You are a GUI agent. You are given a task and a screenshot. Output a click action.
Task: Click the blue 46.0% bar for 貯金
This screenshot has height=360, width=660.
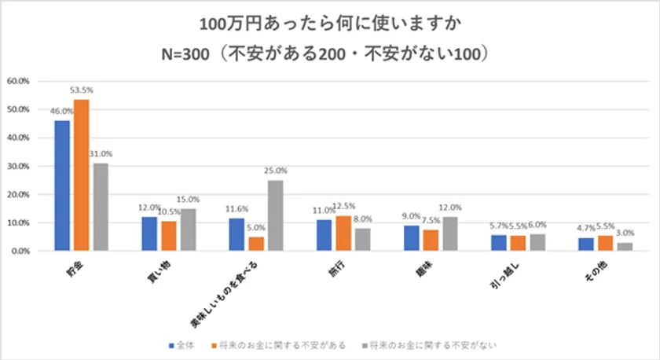pos(62,186)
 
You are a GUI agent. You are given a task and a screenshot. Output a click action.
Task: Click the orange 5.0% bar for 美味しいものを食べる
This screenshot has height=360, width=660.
pos(257,244)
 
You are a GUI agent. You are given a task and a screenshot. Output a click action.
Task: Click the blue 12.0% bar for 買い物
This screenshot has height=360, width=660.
pos(149,233)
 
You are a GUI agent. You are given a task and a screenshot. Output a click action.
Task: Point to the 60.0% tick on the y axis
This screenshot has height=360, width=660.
pos(18,81)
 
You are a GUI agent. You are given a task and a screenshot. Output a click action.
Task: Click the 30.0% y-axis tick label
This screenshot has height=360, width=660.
pos(18,166)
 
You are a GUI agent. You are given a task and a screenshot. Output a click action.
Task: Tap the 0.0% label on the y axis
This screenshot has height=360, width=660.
pos(20,251)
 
